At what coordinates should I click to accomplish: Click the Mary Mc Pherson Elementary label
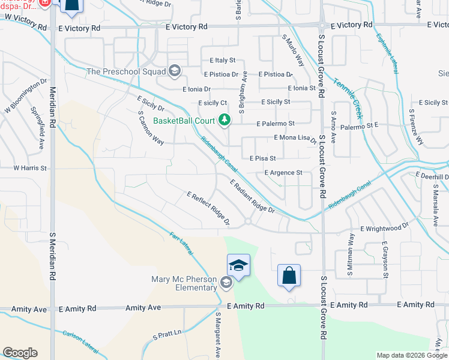(x=184, y=283)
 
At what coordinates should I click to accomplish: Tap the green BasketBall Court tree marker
(x=224, y=121)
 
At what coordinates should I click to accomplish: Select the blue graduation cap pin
(x=238, y=265)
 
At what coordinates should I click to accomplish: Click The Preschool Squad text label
(x=126, y=72)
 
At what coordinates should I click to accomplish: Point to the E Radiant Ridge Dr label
(x=252, y=196)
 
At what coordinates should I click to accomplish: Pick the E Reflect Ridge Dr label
(x=209, y=209)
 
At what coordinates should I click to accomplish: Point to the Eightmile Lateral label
(x=387, y=54)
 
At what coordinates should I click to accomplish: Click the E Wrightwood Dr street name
(x=384, y=228)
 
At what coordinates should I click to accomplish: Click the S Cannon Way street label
(x=151, y=128)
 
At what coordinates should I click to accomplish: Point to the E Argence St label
(x=283, y=173)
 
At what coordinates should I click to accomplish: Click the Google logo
(x=20, y=353)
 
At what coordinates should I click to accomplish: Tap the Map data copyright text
(x=412, y=355)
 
